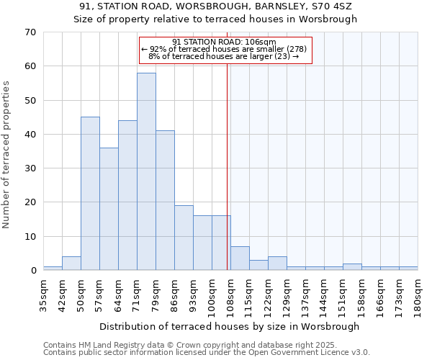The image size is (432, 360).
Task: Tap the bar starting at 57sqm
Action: [x=109, y=209]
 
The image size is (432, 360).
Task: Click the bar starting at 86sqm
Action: [x=184, y=238]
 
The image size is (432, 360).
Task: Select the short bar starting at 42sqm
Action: [x=71, y=264]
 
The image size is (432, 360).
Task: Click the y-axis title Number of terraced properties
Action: [x=8, y=155]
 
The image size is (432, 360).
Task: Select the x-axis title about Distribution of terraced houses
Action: [x=229, y=326]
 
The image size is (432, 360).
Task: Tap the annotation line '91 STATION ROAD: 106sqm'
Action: [x=224, y=42]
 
